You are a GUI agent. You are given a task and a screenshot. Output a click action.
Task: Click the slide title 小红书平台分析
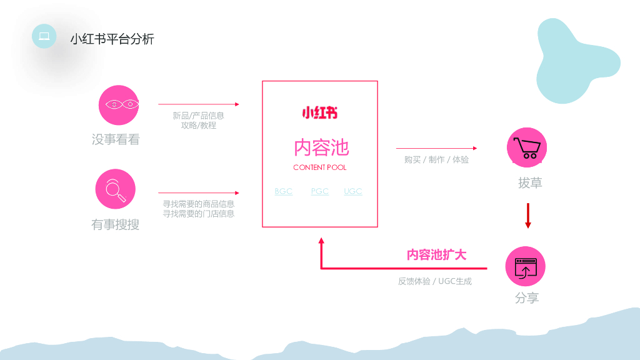112,39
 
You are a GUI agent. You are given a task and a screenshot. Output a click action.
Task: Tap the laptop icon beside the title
44,36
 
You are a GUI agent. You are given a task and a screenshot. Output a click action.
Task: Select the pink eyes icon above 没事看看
119,105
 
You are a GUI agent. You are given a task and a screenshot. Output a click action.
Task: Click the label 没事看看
116,139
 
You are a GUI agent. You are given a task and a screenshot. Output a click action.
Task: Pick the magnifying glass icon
115,189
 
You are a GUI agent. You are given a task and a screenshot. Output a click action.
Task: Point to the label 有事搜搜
115,224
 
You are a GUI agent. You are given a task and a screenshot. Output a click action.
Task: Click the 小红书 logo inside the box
319,113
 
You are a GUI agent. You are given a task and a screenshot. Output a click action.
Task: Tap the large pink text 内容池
321,147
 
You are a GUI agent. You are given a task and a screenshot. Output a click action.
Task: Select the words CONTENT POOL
319,167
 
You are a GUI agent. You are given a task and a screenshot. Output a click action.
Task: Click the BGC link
284,191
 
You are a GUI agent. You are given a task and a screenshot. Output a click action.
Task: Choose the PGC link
320,191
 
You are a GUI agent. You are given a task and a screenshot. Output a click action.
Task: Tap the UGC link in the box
353,191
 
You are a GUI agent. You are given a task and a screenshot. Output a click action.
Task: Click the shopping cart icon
527,147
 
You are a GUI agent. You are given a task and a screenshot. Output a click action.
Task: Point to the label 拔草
530,182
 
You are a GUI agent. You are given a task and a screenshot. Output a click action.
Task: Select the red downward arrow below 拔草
528,216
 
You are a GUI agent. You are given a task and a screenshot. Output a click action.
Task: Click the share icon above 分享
525,266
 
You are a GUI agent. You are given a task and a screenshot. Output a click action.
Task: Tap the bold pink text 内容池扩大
436,254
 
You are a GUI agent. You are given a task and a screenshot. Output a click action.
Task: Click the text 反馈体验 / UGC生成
435,281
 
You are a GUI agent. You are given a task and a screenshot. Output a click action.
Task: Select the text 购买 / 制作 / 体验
436,159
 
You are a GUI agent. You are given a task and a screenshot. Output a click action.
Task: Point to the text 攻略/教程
199,125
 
